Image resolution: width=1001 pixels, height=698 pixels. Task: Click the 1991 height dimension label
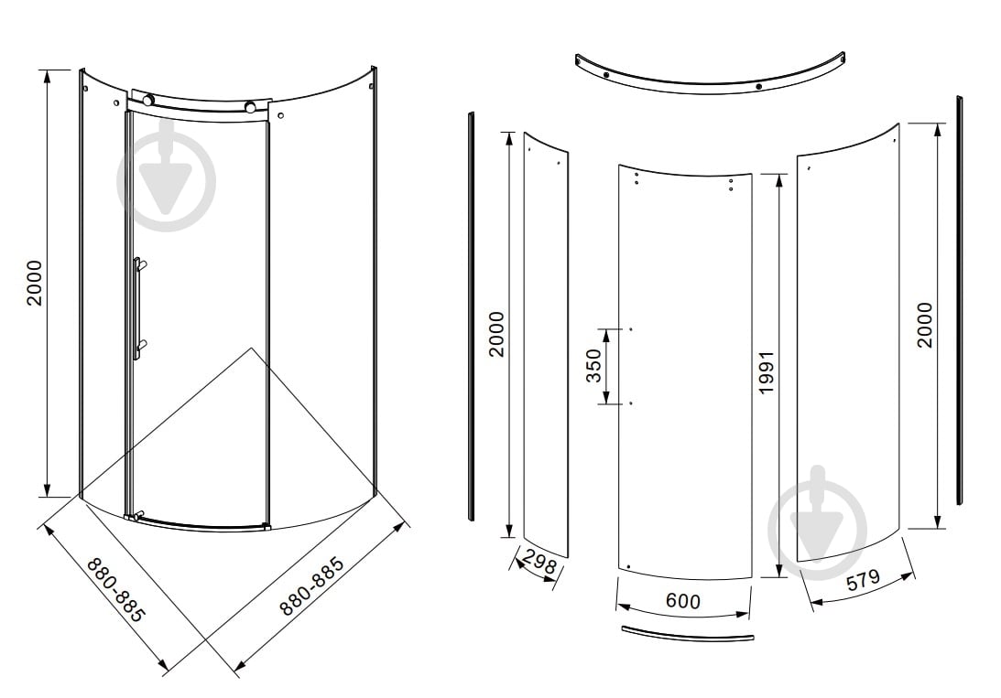pyautogui.click(x=766, y=372)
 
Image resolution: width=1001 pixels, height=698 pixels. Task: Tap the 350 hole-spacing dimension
pyautogui.click(x=594, y=366)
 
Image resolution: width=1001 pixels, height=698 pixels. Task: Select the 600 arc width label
pyautogui.click(x=682, y=600)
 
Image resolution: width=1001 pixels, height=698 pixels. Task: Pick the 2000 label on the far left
pyautogui.click(x=34, y=283)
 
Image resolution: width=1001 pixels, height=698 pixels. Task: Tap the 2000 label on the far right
pyautogui.click(x=924, y=325)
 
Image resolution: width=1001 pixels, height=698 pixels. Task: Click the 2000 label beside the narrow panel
pyautogui.click(x=496, y=334)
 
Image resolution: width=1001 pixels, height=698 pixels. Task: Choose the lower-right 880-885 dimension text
pyautogui.click(x=311, y=585)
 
